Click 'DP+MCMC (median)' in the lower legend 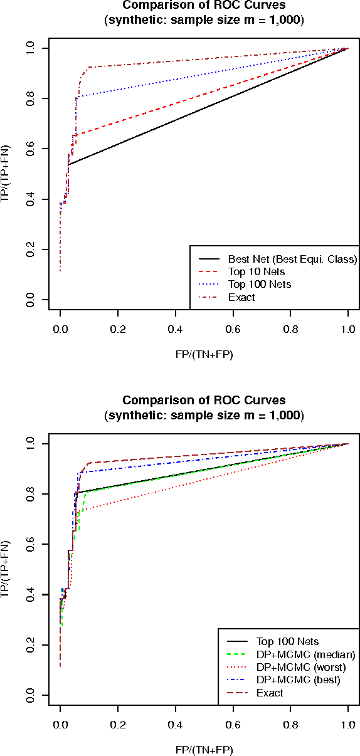(305, 654)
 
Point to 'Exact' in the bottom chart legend (270, 693)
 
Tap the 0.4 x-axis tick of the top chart (175, 328)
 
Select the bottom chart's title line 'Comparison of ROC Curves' (204, 400)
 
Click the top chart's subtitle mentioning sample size (204, 20)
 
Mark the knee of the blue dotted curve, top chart (77, 97)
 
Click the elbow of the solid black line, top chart (69, 164)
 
